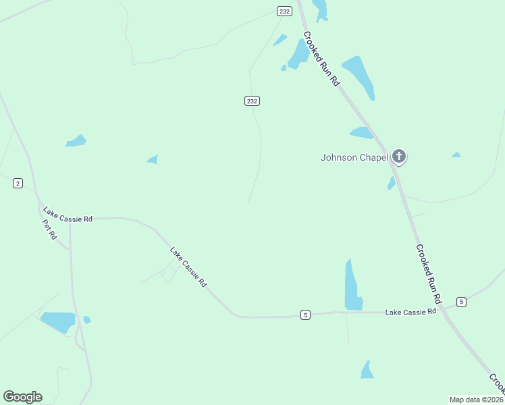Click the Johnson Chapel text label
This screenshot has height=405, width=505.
tap(354, 158)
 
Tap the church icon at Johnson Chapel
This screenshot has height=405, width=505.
tap(399, 157)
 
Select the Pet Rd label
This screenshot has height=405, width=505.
tap(49, 230)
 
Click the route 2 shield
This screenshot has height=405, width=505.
tap(18, 183)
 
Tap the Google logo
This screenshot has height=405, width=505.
tap(22, 397)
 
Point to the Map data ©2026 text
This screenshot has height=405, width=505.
tap(476, 400)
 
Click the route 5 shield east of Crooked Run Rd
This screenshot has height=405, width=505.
tap(461, 301)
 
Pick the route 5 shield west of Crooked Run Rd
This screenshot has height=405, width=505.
tap(305, 315)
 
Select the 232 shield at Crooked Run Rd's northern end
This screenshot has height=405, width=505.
tap(284, 10)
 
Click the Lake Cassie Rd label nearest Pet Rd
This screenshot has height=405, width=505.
tap(68, 214)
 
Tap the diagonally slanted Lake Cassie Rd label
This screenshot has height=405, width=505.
tap(188, 267)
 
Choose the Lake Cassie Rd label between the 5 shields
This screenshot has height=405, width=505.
tap(410, 312)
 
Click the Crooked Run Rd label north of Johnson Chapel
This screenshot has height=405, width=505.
tap(321, 58)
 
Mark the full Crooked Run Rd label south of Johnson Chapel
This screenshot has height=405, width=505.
tap(428, 273)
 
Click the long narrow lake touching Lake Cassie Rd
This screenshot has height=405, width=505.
tap(352, 287)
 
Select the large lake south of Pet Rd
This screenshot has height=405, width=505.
tap(58, 321)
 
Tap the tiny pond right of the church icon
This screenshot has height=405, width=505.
tap(456, 155)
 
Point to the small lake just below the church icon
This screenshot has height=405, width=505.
tap(392, 183)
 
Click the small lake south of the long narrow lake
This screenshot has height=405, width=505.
tap(367, 371)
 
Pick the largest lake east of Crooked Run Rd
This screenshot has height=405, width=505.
tap(360, 76)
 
